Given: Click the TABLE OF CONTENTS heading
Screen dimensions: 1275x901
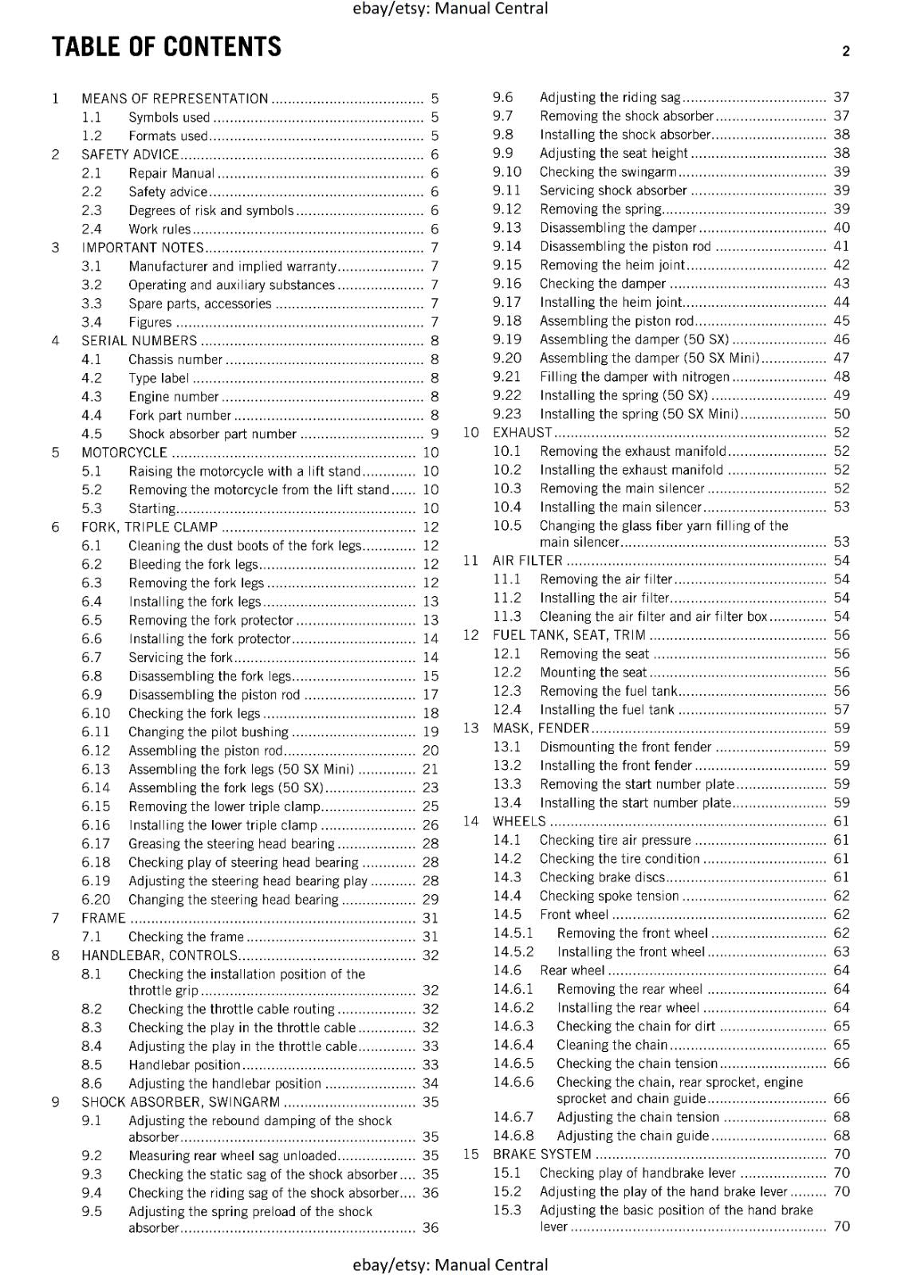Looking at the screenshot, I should point(167,47).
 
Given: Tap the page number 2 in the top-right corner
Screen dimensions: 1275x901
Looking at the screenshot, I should point(846,51).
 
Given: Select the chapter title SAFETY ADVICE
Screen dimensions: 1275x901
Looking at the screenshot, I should point(130,155).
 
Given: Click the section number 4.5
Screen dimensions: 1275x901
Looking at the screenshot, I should point(92,434).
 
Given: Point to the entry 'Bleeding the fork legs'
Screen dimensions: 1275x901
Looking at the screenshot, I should point(193,565).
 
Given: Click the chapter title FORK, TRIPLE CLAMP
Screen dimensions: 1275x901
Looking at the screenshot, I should point(149,528).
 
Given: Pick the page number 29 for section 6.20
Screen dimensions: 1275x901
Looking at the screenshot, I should point(431,900).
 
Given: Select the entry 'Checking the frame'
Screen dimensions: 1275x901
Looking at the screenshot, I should point(186,937).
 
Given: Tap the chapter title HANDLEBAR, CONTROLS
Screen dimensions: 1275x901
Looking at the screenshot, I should point(159,955).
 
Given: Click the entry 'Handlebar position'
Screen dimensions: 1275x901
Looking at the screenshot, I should point(184,1065).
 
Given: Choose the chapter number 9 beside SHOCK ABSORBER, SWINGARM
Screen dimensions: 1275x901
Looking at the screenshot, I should point(55,1103).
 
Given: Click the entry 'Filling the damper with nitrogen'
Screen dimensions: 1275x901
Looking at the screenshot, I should point(635,377).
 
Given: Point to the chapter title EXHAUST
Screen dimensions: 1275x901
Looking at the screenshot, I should point(522,433).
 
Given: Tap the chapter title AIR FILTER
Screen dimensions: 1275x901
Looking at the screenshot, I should point(528,561).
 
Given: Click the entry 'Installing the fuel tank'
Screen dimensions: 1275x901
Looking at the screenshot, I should point(607,710).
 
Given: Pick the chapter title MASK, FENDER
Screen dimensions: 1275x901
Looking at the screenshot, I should point(541,728).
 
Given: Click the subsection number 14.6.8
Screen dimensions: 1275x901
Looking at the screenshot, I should point(513,1136).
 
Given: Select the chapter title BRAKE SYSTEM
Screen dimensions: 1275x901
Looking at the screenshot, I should point(542,1155).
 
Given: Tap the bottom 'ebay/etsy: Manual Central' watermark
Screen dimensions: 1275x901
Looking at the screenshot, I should point(450,1265).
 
